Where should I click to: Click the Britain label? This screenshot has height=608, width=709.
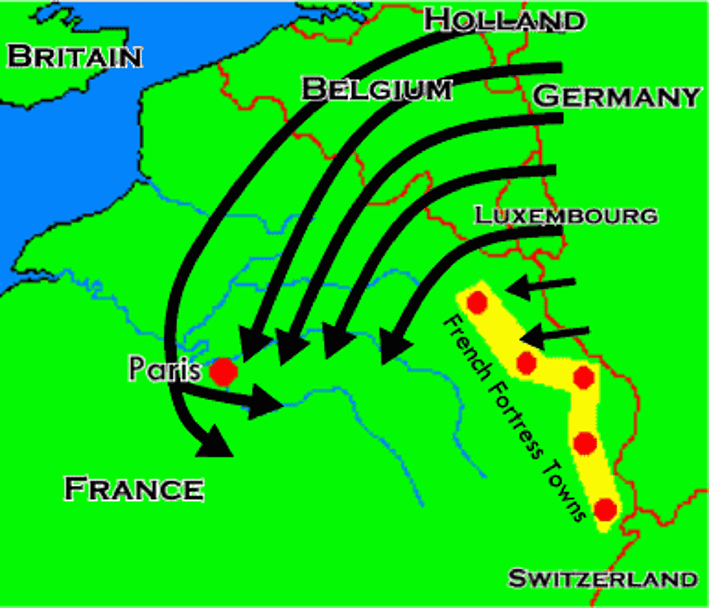[x=74, y=56]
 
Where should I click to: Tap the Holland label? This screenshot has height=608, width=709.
[x=504, y=20]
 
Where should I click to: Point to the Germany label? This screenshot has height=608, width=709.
[x=616, y=96]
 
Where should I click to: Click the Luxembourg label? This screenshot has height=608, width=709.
[x=566, y=216]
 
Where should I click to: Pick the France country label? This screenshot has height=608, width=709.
[x=134, y=489]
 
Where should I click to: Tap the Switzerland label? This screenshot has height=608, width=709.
[x=603, y=579]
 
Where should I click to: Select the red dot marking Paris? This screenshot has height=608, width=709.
[x=223, y=371]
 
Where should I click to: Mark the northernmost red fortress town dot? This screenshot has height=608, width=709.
[x=477, y=302]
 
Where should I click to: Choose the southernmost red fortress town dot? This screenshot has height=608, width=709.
[x=606, y=509]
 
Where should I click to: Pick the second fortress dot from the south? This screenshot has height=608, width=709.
[x=585, y=443]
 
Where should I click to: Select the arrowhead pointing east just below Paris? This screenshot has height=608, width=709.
[x=263, y=401]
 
